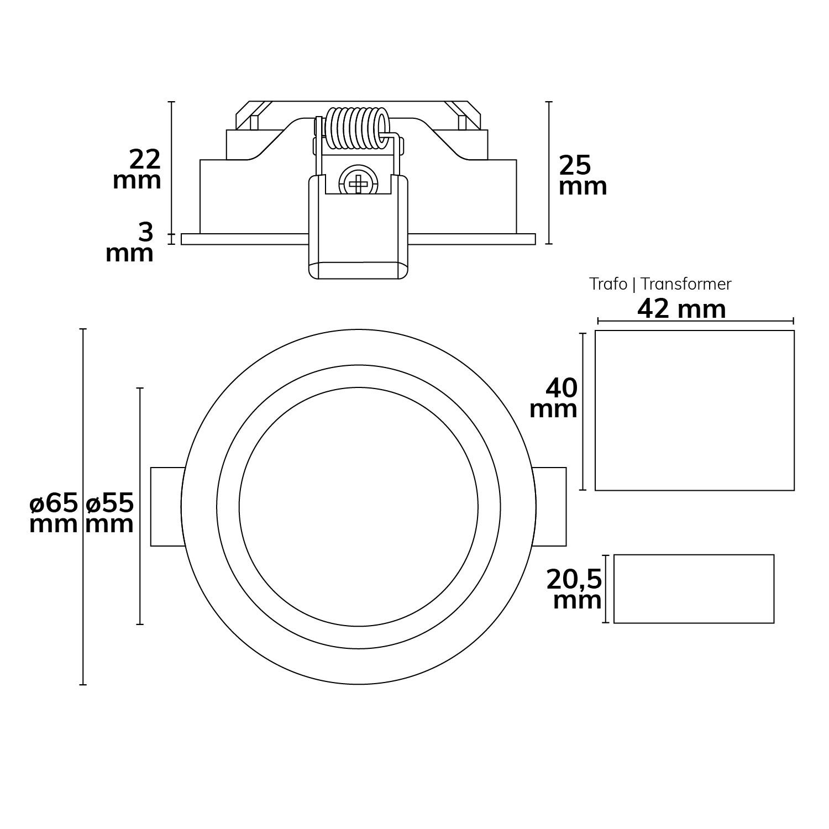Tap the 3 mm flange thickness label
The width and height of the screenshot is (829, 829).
click(x=130, y=243)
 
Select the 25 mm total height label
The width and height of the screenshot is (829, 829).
click(x=583, y=176)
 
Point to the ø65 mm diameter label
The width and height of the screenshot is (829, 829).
click(x=54, y=513)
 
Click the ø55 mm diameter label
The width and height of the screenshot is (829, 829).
click(x=110, y=513)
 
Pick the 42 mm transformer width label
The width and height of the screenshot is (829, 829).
click(x=681, y=309)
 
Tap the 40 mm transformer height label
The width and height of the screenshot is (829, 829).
click(x=554, y=398)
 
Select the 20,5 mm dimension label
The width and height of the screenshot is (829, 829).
click(x=574, y=590)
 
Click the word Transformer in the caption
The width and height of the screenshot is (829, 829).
click(x=686, y=284)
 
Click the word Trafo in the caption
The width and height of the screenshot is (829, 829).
click(x=608, y=284)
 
